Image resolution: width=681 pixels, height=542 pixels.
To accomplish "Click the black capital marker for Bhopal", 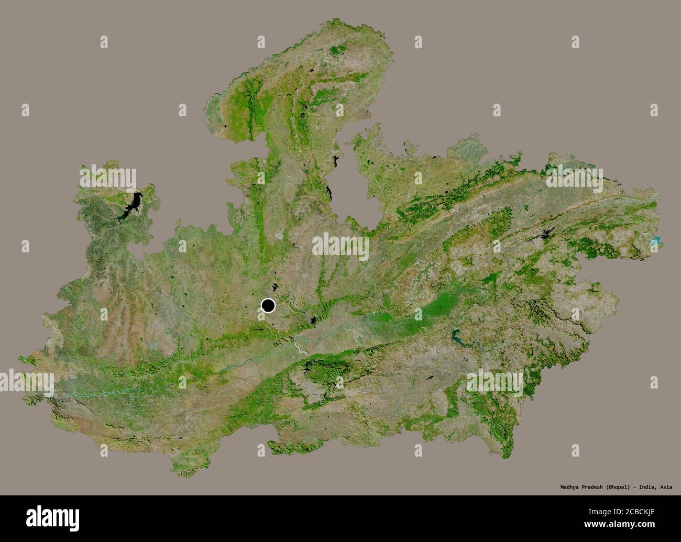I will tap(268, 306).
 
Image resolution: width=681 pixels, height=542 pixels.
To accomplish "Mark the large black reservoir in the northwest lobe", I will tap(135, 205).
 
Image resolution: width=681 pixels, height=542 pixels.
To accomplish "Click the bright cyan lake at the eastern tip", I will tap(655, 241).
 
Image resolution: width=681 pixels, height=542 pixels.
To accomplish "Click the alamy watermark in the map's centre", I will tap(340, 246).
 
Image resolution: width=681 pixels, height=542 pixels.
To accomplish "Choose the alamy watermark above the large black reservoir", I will tap(108, 178).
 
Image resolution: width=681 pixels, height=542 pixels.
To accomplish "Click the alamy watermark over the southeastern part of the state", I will tap(495, 382).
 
